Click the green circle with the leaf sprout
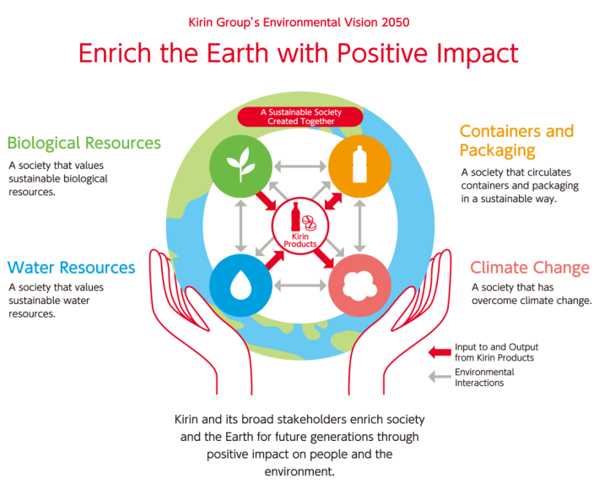click(240, 166)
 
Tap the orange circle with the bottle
click(359, 166)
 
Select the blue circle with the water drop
click(240, 286)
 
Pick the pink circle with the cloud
click(359, 286)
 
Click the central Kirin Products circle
click(299, 226)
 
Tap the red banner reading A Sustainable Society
click(300, 117)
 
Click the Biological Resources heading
click(84, 143)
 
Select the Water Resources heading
click(71, 268)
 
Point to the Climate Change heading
click(530, 268)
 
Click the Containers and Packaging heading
click(516, 140)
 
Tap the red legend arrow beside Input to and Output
click(440, 352)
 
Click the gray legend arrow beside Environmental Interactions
click(440, 377)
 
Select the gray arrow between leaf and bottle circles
click(300, 166)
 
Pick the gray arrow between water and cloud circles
click(300, 286)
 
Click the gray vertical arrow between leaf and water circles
click(240, 226)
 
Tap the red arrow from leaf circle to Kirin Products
click(266, 200)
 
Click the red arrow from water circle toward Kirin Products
click(275, 260)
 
